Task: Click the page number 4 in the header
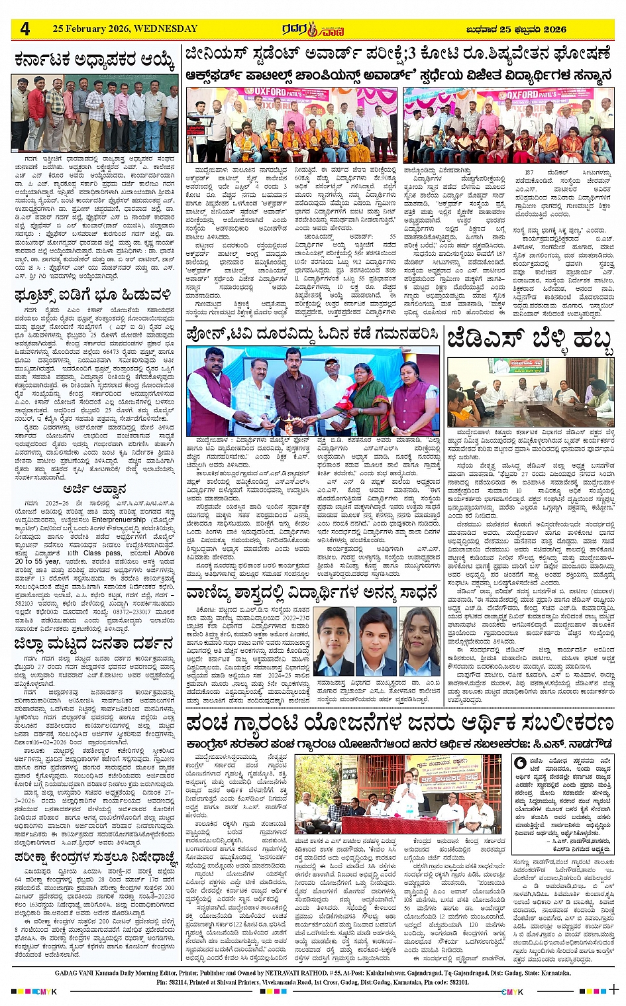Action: coord(25,29)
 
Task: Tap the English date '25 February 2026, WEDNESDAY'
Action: coord(125,29)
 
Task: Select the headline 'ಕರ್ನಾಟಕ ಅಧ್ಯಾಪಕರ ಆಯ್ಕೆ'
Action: coord(95,62)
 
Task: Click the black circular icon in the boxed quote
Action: coord(521,763)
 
